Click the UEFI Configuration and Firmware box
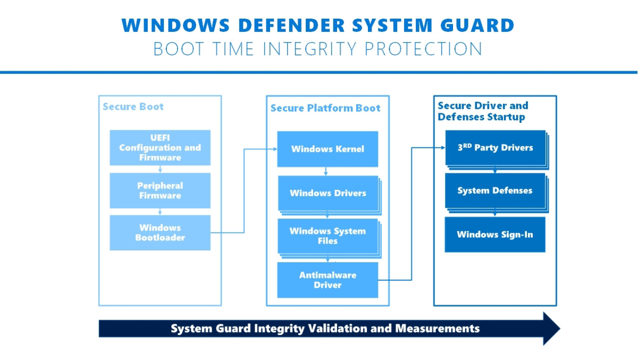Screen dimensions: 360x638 pyautogui.click(x=160, y=148)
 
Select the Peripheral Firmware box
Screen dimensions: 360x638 pyautogui.click(x=160, y=190)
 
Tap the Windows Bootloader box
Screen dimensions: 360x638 pyautogui.click(x=160, y=233)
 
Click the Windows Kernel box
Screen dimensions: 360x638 pyautogui.click(x=328, y=149)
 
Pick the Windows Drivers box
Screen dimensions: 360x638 pyautogui.click(x=328, y=193)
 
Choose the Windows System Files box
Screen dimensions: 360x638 pyautogui.click(x=328, y=236)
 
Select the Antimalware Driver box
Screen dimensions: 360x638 pyautogui.click(x=328, y=280)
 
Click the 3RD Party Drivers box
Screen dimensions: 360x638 pyautogui.click(x=495, y=148)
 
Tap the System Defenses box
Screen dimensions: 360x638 pyautogui.click(x=495, y=190)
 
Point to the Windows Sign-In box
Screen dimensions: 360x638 pyautogui.click(x=495, y=235)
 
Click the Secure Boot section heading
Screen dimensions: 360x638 pyautogui.click(x=133, y=107)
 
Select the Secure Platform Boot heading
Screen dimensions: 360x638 pyautogui.click(x=325, y=108)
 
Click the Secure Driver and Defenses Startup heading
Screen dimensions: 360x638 pyautogui.click(x=483, y=111)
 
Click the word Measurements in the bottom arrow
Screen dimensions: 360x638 pyautogui.click(x=437, y=329)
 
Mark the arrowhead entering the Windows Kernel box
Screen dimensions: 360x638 pyautogui.click(x=274, y=149)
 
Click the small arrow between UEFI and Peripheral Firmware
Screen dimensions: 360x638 pyautogui.click(x=160, y=169)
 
